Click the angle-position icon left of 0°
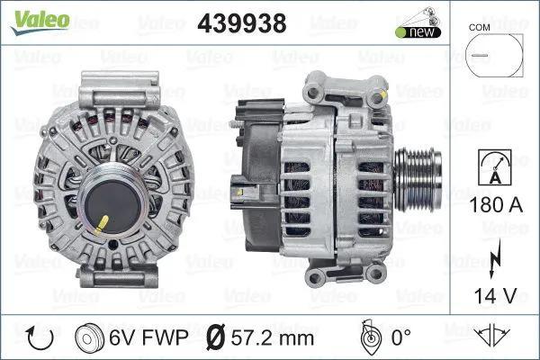[368, 337]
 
